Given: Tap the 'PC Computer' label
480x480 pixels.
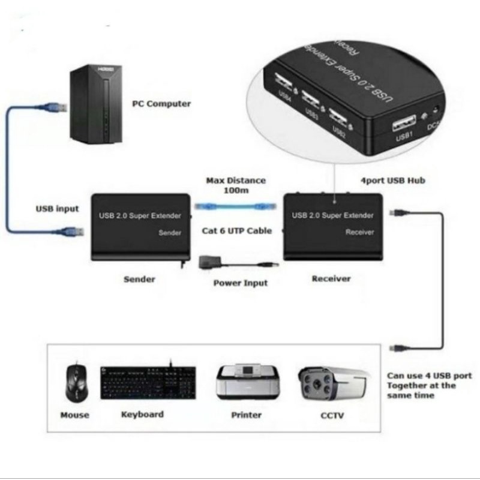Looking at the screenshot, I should coord(161,104).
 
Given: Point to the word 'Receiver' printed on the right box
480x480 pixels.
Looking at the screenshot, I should coord(360,232).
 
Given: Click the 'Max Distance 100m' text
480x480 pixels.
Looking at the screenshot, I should coord(235,185).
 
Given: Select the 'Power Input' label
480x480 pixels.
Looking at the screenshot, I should coord(241,283).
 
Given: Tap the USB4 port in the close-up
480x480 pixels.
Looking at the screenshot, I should coord(284,80).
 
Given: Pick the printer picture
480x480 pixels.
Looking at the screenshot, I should coord(247,382).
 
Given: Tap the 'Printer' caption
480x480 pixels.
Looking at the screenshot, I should coord(247,415).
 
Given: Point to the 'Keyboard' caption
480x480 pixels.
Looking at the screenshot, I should coord(142,414).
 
